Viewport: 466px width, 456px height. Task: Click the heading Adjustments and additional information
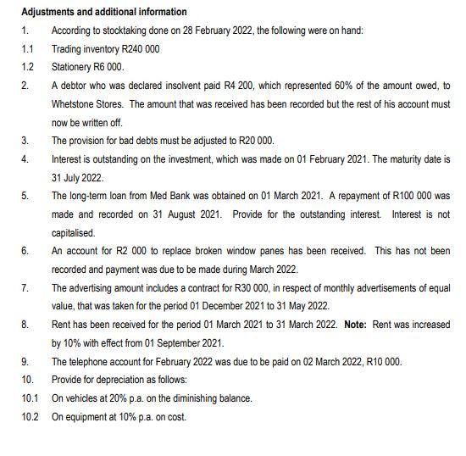pyautogui.click(x=103, y=12)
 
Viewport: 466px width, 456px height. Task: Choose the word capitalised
pyautogui.click(x=74, y=232)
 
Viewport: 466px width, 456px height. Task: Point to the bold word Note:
pyautogui.click(x=355, y=325)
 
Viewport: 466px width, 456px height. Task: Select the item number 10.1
pyautogui.click(x=30, y=398)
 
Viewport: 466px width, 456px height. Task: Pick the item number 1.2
pyautogui.click(x=27, y=67)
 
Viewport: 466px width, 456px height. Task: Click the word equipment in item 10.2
pyautogui.click(x=85, y=416)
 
